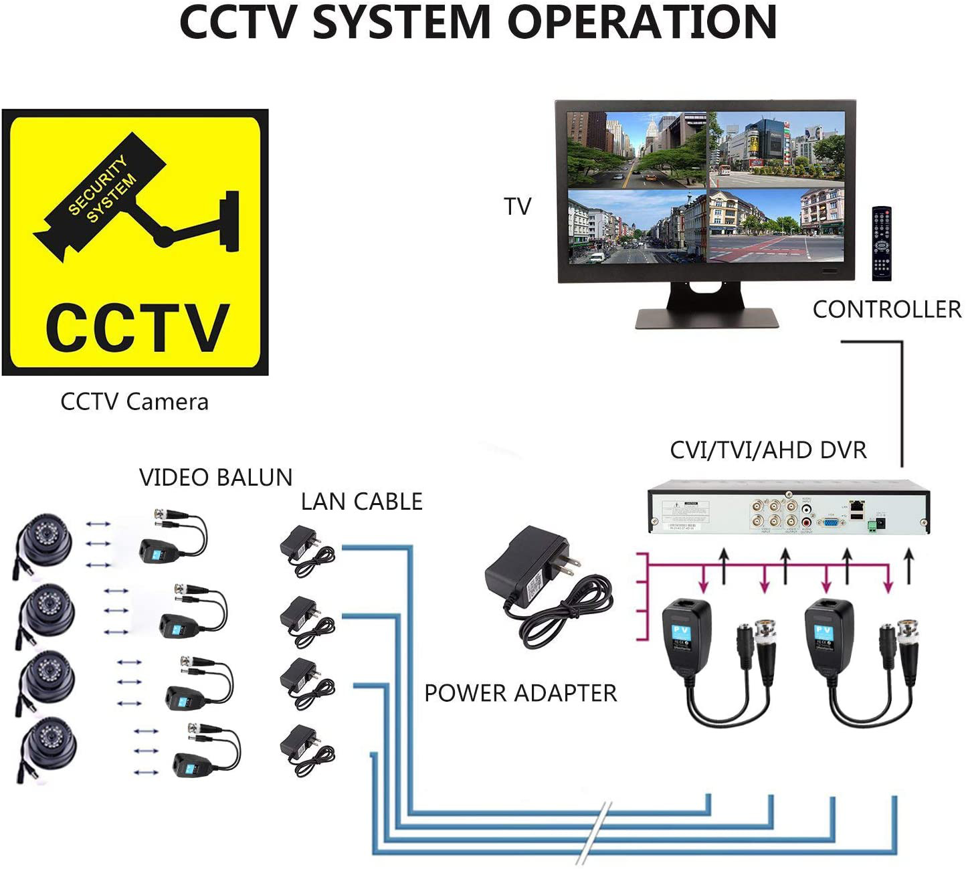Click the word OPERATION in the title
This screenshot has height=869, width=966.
(642, 23)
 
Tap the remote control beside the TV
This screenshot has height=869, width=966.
(881, 244)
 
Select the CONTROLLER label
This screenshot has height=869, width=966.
(886, 309)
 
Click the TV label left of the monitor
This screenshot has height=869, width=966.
(517, 206)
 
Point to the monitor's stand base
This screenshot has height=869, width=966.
(706, 317)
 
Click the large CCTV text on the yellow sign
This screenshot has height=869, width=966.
(137, 327)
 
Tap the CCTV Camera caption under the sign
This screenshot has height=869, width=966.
(134, 401)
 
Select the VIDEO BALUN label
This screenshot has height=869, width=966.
(215, 477)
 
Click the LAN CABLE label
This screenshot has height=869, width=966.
(361, 501)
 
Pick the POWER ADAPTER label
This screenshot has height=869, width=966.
(520, 692)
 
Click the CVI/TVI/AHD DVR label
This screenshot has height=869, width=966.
(768, 450)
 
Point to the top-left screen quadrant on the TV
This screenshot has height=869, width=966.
(636, 149)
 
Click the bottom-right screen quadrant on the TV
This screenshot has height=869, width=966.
(777, 225)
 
